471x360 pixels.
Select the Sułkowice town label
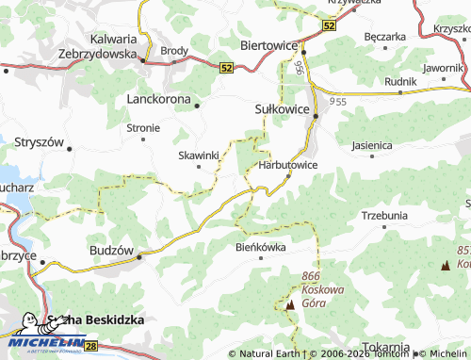[x=283, y=109]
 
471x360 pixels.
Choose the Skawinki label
[x=199, y=155]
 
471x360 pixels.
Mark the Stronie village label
[x=143, y=127]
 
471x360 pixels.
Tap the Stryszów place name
[x=39, y=142]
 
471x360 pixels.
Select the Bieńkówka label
[x=260, y=247]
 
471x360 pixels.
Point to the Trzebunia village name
[x=384, y=215]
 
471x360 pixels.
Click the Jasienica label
[x=371, y=146]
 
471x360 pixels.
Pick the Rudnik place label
[x=400, y=81]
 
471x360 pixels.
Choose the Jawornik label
[x=443, y=68]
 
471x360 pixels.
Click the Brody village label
[x=174, y=50]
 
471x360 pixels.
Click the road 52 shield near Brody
[x=226, y=68]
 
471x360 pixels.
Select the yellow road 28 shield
[x=90, y=348]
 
